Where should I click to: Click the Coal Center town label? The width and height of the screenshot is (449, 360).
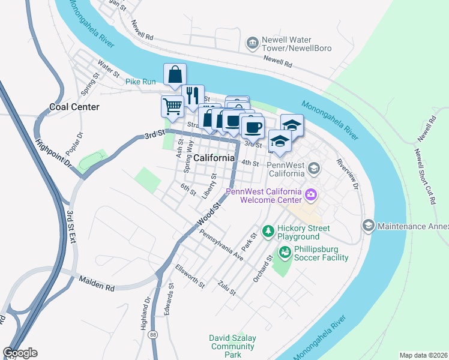pyautogui.click(x=74, y=107)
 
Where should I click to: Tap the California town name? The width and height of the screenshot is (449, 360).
pyautogui.click(x=214, y=158)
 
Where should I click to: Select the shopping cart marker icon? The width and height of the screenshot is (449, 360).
pyautogui.click(x=172, y=106)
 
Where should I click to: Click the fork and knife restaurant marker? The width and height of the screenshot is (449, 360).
pyautogui.click(x=193, y=95)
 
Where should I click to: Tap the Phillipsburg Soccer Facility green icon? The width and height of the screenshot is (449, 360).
pyautogui.click(x=284, y=251)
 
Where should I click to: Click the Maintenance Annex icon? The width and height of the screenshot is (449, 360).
pyautogui.click(x=369, y=226)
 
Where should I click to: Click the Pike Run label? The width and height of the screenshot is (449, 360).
pyautogui.click(x=140, y=81)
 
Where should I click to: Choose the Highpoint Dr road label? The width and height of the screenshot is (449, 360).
pyautogui.click(x=53, y=154)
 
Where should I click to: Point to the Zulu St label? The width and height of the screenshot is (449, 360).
pyautogui.click(x=228, y=287)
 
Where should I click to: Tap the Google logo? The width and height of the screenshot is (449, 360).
pyautogui.click(x=20, y=353)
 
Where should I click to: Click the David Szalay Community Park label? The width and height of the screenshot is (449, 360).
pyautogui.click(x=232, y=346)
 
